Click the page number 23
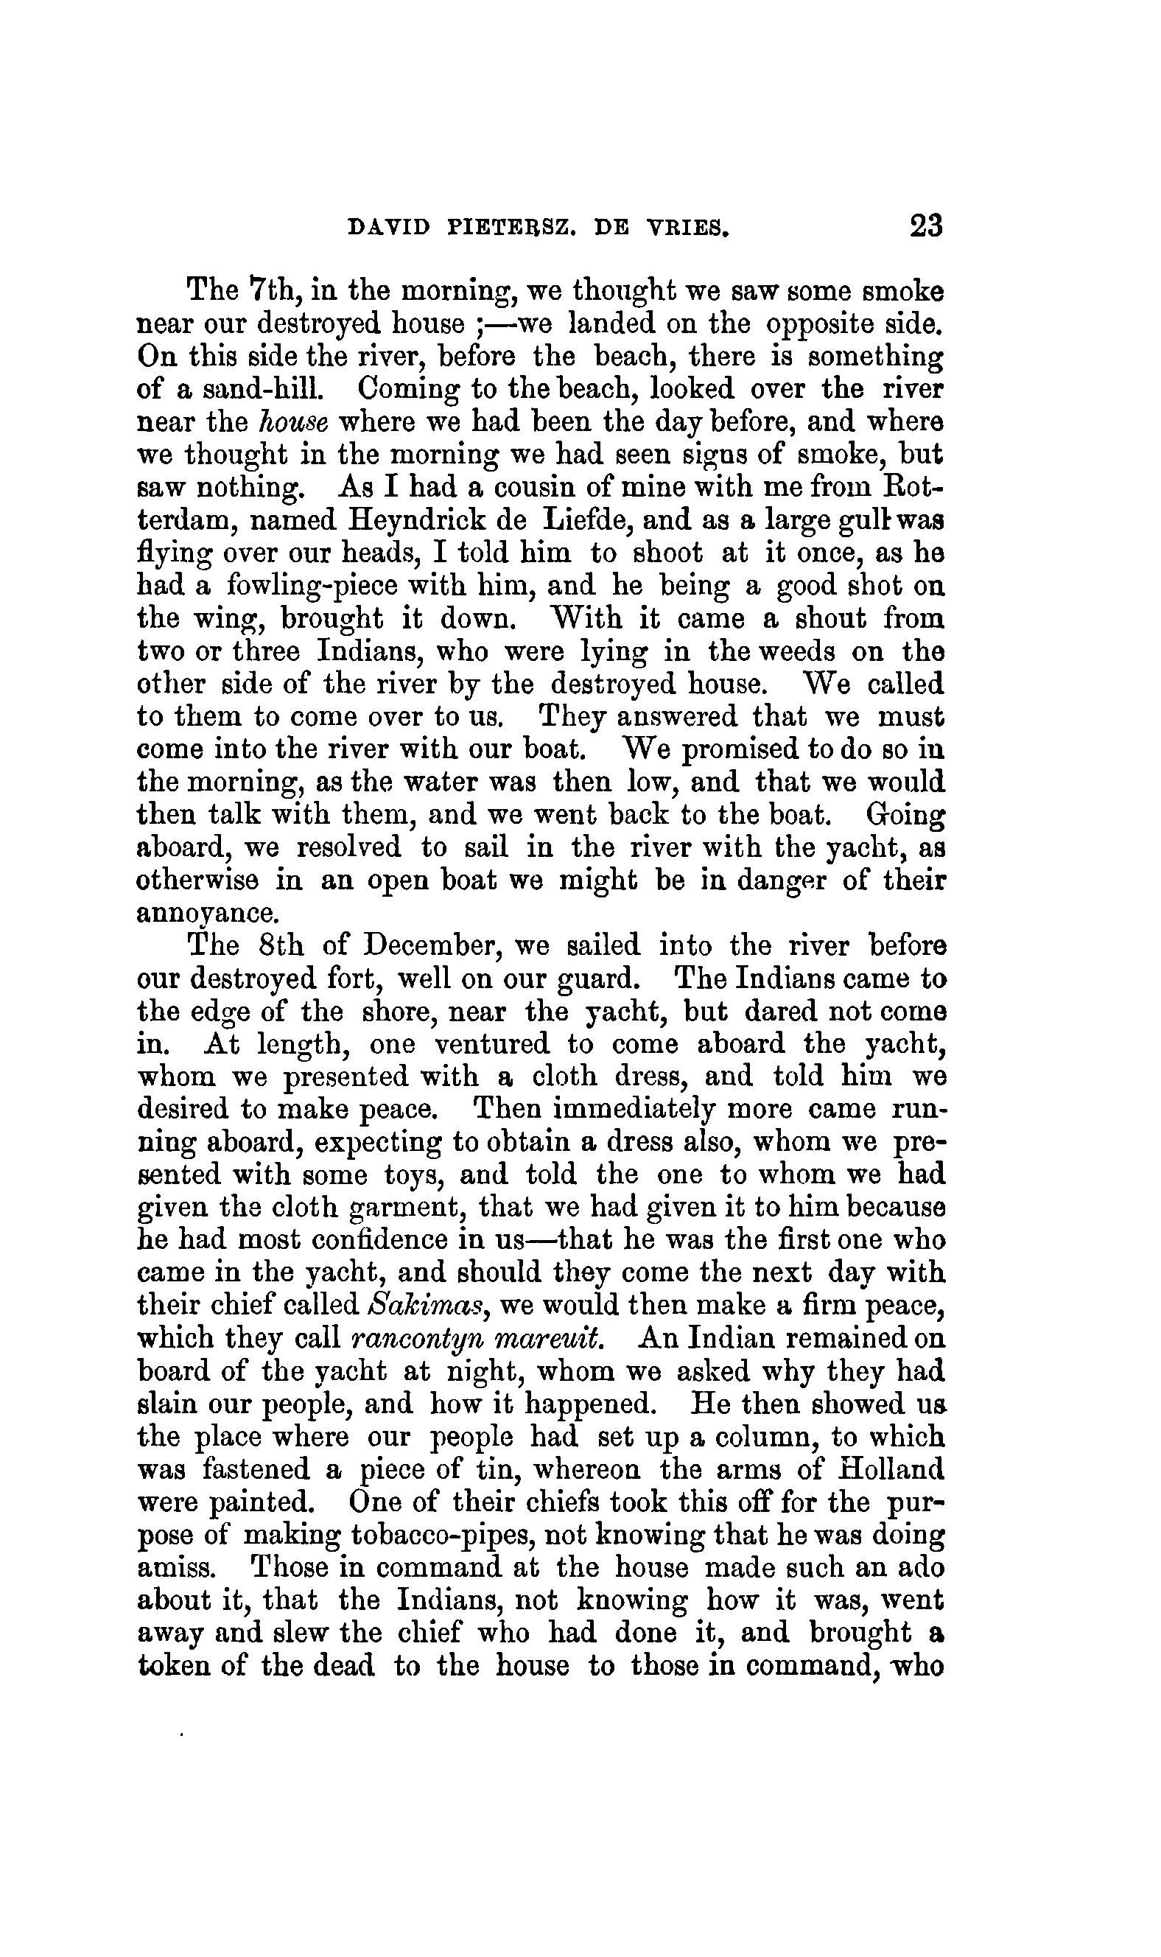click(x=925, y=226)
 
